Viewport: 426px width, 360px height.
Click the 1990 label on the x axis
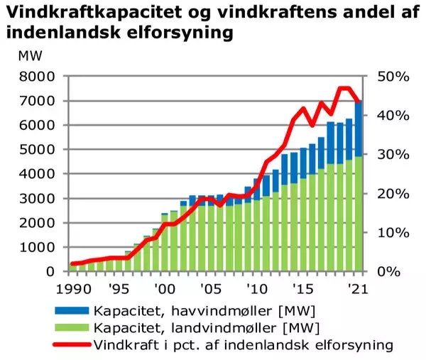click(73, 289)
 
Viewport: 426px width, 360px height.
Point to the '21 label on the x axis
click(352, 289)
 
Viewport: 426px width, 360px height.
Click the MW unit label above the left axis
click(30, 56)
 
